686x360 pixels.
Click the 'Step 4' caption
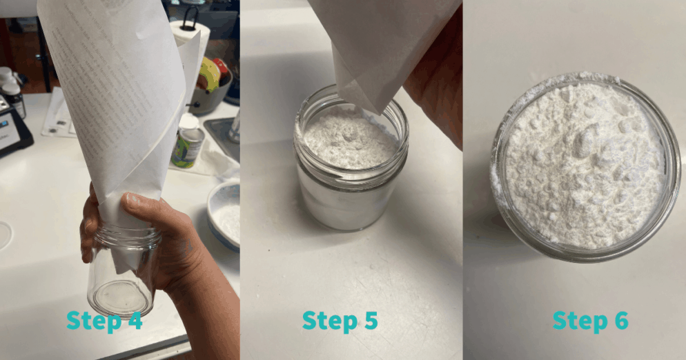coord(104,321)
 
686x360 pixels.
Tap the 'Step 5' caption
coord(340,321)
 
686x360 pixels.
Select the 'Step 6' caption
coord(591,321)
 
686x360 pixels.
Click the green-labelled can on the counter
coord(187,146)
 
